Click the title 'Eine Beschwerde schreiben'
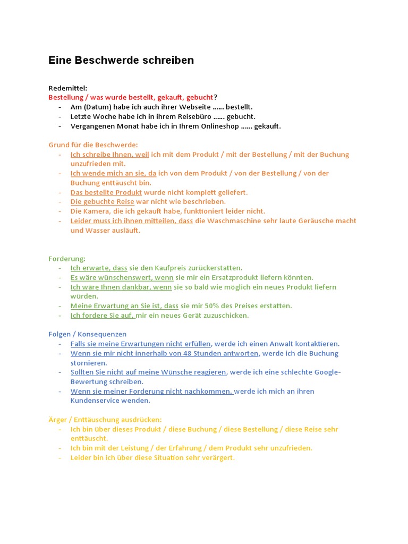coord(121,61)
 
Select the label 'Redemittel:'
coord(68,88)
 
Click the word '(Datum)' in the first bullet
coord(97,107)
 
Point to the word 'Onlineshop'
coord(218,126)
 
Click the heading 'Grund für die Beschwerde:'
coord(93,145)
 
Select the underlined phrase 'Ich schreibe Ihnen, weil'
coord(109,155)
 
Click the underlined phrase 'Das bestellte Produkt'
coord(106,192)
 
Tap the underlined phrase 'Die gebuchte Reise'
coord(103,202)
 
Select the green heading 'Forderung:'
coord(67,259)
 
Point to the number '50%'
coord(236,306)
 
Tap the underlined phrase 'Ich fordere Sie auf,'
coord(103,316)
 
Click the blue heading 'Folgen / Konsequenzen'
coord(88,334)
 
